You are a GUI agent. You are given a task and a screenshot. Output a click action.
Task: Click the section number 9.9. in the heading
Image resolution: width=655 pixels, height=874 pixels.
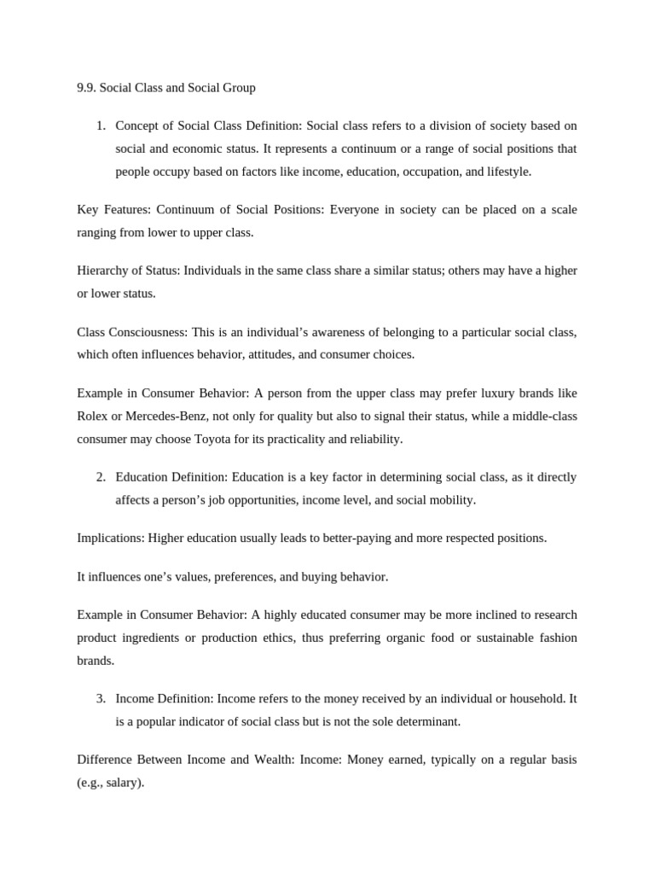click(86, 88)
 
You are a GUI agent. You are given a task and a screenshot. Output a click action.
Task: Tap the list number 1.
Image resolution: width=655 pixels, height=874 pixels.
click(101, 126)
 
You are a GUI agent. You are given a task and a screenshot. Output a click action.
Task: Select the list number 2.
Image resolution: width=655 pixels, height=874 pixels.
click(101, 477)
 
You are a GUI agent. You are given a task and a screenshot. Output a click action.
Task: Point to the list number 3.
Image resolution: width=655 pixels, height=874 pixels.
click(101, 698)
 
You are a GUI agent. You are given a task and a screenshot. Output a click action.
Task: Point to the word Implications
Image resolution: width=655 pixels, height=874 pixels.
click(110, 538)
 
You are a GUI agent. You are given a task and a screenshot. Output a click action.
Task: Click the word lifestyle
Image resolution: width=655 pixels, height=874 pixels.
click(504, 172)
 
